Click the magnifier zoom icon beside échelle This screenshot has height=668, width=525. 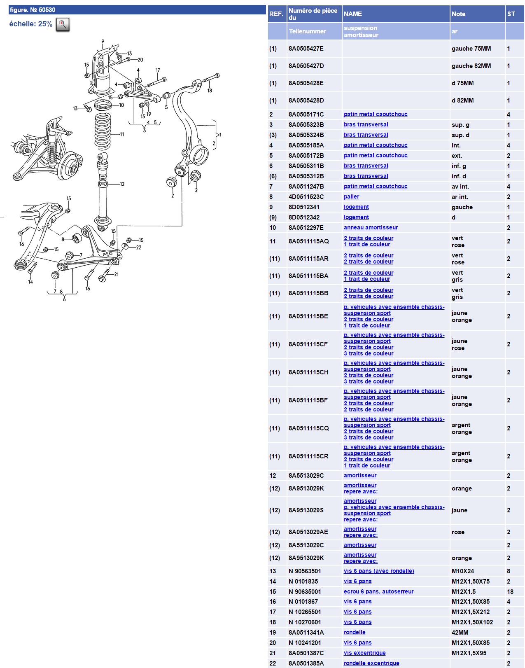point(63,25)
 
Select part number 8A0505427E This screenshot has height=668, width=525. point(306,49)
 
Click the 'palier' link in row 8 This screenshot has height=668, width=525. point(351,197)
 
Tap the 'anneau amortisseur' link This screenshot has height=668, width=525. point(371,228)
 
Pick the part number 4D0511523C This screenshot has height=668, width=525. point(306,197)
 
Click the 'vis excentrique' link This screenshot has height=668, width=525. point(364,653)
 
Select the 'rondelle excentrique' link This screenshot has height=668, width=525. point(371,663)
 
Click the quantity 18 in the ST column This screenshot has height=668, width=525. point(510,592)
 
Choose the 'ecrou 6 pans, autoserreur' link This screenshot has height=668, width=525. point(378,592)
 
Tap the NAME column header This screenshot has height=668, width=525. point(353,14)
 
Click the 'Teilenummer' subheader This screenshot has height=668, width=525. point(307,31)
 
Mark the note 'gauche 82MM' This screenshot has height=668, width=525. point(471,66)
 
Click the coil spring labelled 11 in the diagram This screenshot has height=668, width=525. point(103,132)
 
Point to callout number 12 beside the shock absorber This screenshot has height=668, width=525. point(122,184)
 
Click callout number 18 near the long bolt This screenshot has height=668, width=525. point(210,91)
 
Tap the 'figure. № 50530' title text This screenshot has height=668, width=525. point(33,10)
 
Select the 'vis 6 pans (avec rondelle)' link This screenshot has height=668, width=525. point(379,571)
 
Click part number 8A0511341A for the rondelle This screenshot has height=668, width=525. point(306,633)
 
